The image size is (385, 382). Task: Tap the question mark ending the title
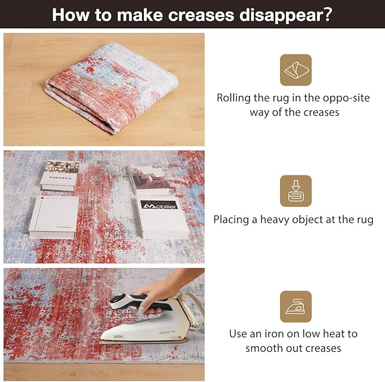pyautogui.click(x=328, y=15)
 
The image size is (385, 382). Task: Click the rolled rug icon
pyautogui.click(x=295, y=70)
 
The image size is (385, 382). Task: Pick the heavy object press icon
pyautogui.click(x=295, y=191)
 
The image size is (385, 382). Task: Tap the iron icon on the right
pyautogui.click(x=295, y=307)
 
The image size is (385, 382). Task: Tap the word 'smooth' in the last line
pyautogui.click(x=265, y=348)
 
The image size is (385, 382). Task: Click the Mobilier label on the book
pyautogui.click(x=159, y=204)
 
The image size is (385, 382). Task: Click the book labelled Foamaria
pyautogui.click(x=60, y=175)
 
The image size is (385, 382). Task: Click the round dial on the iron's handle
pyautogui.click(x=118, y=301)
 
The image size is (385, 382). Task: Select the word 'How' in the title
pyautogui.click(x=67, y=15)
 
